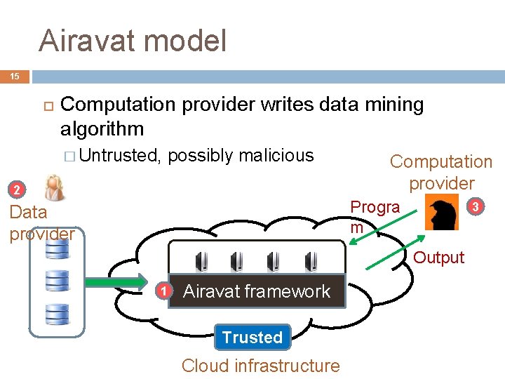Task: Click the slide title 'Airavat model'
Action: tap(133, 41)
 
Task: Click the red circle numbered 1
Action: tap(163, 291)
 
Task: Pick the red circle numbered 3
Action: tap(476, 206)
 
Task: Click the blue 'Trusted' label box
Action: tap(252, 337)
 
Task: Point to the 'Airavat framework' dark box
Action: tap(257, 291)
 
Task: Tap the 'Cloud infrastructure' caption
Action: tap(260, 366)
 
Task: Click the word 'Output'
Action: tap(439, 258)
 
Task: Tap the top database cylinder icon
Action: tap(57, 248)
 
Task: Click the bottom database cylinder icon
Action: tap(57, 314)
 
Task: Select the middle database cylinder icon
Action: tap(57, 281)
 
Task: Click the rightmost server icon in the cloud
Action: tap(309, 260)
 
